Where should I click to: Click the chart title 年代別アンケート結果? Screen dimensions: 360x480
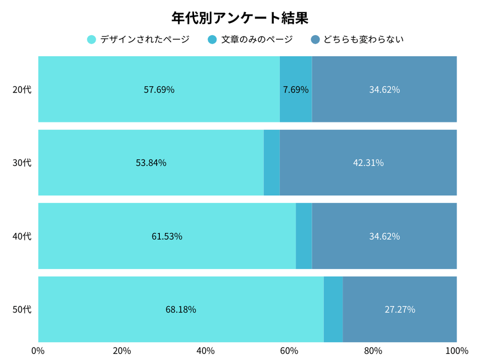pos(239,18)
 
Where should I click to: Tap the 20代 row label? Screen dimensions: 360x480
pos(22,89)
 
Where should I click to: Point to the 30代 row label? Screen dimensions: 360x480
pos(22,163)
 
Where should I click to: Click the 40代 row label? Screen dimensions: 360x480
pos(22,236)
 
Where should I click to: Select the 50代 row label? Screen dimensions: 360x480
pos(22,309)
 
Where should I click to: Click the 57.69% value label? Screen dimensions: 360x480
pos(159,90)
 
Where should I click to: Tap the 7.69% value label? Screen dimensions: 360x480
pos(296,90)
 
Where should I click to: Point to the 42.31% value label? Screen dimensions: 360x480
pos(368,163)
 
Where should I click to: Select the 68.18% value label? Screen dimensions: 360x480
pos(181,309)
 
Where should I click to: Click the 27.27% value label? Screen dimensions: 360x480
pos(400,309)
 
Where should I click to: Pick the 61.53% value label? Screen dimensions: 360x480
pos(167,236)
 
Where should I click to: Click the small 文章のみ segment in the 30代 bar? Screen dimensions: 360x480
pos(272,163)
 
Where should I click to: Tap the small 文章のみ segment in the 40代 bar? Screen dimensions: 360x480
pos(304,236)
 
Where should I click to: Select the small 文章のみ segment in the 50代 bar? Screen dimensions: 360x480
pos(333,309)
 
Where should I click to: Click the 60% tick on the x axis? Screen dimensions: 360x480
pos(289,351)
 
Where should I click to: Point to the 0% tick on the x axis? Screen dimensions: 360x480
pos(38,351)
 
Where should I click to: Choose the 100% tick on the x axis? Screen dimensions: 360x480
pos(457,351)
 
